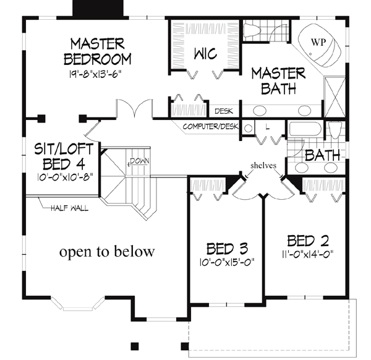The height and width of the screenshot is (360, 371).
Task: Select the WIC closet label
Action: point(205,54)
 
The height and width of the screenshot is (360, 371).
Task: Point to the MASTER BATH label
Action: point(278,80)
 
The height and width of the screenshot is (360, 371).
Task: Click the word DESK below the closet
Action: point(223,112)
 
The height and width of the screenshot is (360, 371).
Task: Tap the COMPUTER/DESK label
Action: point(210,127)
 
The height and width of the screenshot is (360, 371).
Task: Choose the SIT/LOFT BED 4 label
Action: point(59,156)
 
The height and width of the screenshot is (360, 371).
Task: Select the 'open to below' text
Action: point(106,252)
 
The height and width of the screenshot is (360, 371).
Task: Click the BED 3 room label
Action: point(227,249)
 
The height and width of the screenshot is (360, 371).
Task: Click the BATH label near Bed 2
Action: point(322,155)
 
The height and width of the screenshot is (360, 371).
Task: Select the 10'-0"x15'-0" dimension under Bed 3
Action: point(227,262)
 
